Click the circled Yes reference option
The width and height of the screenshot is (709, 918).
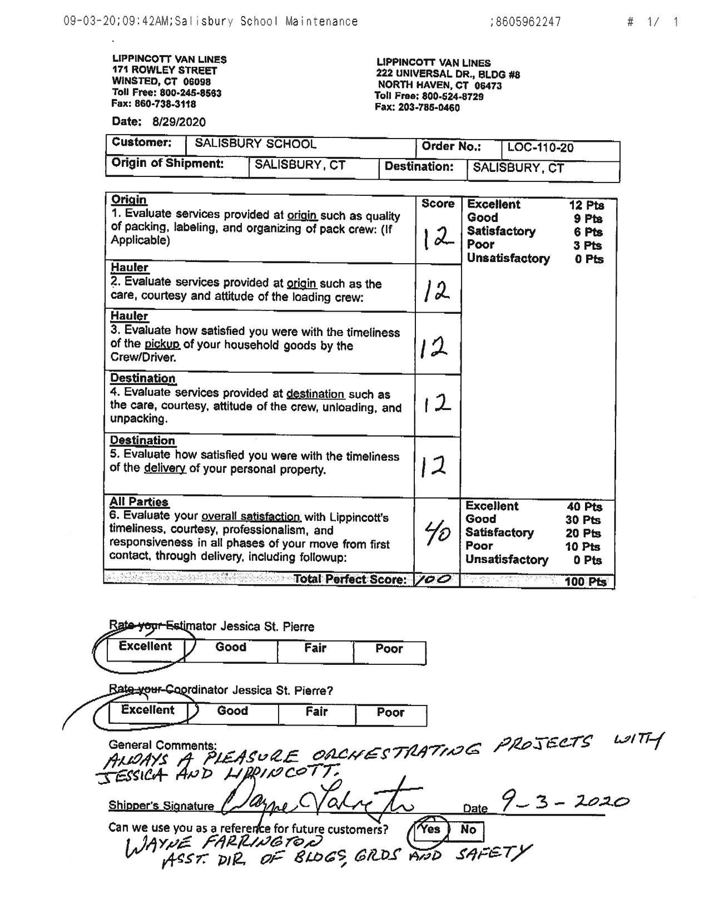(430, 830)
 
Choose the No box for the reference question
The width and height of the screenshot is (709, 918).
(468, 830)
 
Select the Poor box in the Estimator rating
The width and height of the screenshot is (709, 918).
(389, 649)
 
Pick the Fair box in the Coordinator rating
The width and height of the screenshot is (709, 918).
(316, 712)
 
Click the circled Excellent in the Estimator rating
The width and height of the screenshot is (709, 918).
(145, 646)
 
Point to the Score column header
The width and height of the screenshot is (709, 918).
(438, 204)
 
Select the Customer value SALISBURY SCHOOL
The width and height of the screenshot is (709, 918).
(255, 144)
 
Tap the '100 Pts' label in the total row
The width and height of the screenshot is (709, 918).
(585, 581)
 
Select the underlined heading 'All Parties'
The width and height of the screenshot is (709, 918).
(138, 501)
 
